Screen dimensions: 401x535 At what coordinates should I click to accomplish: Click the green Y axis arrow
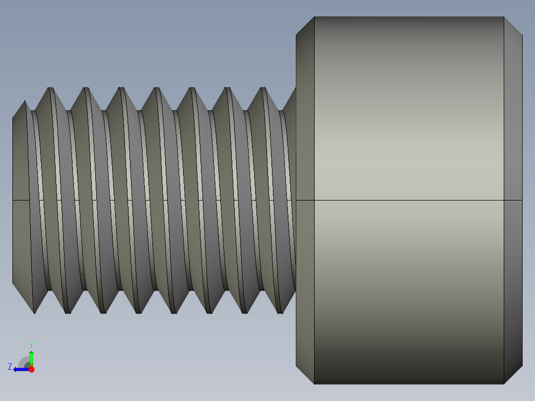(31, 357)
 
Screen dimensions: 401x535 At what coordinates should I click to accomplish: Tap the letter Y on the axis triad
(31, 344)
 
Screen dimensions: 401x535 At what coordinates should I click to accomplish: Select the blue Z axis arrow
(21, 369)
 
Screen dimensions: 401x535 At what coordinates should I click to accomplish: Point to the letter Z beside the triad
(10, 367)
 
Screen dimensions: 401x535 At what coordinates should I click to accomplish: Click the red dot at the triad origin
(31, 369)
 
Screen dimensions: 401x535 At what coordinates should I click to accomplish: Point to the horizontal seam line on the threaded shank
(149, 200)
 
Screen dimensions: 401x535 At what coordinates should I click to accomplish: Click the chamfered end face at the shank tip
(19, 159)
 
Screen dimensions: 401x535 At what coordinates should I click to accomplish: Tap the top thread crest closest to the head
(263, 88)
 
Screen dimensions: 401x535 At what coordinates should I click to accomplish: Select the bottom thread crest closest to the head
(280, 313)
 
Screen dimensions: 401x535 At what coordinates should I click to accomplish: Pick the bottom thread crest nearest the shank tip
(34, 313)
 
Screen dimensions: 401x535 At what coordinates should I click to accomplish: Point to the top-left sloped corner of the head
(305, 26)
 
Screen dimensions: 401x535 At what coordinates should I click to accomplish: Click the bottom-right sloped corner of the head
(513, 375)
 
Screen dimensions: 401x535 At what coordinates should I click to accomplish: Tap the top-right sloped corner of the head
(513, 26)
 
